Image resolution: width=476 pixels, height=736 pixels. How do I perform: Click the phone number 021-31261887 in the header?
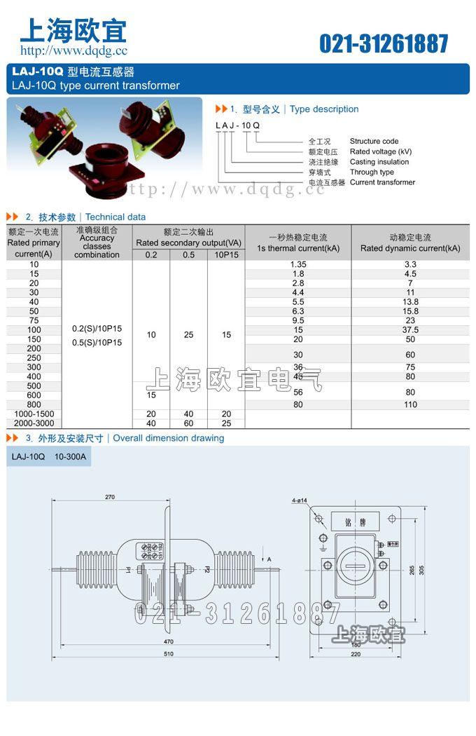(x=384, y=43)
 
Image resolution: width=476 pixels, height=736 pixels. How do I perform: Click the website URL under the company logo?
(x=73, y=50)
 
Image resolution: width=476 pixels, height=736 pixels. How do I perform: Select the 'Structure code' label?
(x=374, y=141)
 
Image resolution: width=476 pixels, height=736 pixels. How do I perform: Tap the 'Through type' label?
(x=372, y=172)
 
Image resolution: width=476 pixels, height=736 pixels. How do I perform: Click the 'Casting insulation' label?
(x=379, y=162)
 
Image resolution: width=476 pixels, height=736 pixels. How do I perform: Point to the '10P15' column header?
(x=226, y=254)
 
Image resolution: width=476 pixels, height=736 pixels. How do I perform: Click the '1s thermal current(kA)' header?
(x=297, y=248)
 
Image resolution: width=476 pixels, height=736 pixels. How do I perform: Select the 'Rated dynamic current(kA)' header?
(x=410, y=248)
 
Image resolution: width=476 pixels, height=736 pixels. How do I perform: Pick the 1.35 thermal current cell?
(x=297, y=264)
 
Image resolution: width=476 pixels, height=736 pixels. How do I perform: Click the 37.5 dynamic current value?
(x=410, y=329)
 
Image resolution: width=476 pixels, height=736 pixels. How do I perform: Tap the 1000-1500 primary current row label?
(x=34, y=414)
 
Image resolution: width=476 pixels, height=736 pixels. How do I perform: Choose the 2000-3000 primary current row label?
(x=34, y=423)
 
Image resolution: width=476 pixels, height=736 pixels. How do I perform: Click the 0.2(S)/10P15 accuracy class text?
(x=97, y=329)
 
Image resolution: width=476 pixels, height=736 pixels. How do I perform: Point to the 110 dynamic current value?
(x=410, y=404)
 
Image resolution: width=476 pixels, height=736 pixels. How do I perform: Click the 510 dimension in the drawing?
(x=168, y=655)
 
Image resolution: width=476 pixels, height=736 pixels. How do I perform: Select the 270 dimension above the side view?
(x=110, y=497)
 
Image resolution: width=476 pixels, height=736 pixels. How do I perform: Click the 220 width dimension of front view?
(x=355, y=654)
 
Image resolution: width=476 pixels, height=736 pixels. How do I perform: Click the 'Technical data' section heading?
(x=115, y=217)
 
